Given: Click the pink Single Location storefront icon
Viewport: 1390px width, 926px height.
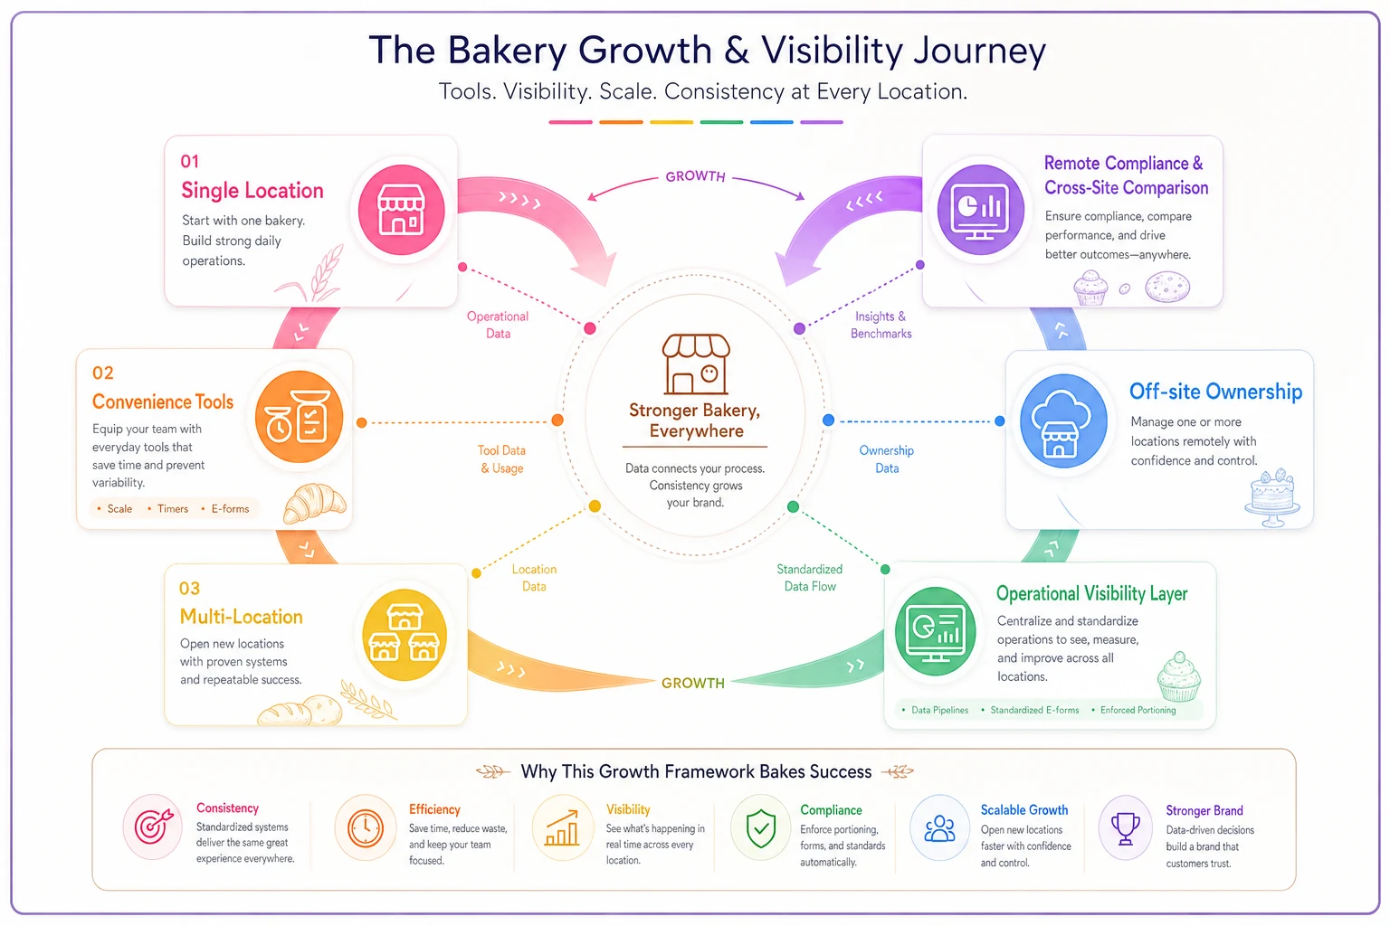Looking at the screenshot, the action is (x=401, y=210).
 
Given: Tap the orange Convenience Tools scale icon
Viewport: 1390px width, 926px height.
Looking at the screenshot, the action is (x=299, y=416).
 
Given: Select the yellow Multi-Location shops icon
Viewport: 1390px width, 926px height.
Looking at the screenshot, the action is (x=405, y=635).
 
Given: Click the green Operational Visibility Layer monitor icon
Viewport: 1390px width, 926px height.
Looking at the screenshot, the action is (x=935, y=631).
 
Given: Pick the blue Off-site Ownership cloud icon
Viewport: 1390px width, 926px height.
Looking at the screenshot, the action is (x=1063, y=420).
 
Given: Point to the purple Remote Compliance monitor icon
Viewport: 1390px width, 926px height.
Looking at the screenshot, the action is (x=980, y=210).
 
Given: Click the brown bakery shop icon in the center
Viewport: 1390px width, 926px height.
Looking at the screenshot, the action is (x=696, y=364).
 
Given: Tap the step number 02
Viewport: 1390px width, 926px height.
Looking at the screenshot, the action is (x=103, y=373).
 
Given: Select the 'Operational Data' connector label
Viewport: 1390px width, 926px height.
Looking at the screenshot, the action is (x=498, y=325).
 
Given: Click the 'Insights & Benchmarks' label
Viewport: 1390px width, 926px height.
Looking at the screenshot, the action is (x=881, y=325).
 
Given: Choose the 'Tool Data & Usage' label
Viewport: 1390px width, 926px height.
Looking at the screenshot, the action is (x=501, y=459).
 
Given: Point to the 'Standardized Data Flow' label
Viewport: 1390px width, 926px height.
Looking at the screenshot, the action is (x=810, y=578).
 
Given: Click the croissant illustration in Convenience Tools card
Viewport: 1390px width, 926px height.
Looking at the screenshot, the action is (x=315, y=502).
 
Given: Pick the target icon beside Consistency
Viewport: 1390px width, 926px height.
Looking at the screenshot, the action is (x=153, y=827).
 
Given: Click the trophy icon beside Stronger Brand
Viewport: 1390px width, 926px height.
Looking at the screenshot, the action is (x=1125, y=828).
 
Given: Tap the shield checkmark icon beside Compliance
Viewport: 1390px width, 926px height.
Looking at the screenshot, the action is (x=761, y=828).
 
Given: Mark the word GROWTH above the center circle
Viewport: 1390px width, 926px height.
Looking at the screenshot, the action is (x=695, y=176).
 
